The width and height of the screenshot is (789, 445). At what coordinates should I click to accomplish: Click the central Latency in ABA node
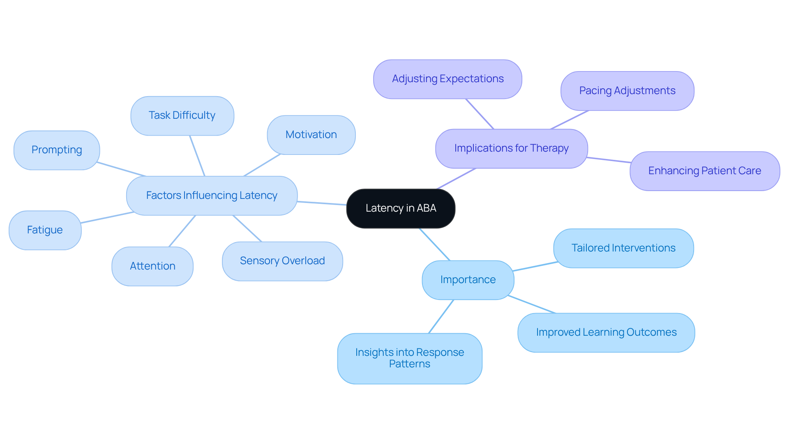[x=401, y=208]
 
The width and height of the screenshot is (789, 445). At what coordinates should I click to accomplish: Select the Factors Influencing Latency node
[x=212, y=196]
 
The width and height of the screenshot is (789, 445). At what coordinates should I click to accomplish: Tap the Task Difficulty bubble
[x=182, y=115]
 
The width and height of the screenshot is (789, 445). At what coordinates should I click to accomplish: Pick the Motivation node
[x=311, y=135]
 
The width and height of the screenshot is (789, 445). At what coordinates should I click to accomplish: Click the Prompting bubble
[x=57, y=150]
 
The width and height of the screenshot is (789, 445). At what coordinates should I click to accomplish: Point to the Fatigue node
[x=45, y=230]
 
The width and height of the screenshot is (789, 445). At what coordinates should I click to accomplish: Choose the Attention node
[x=152, y=266]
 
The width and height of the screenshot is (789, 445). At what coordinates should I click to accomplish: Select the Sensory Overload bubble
[x=282, y=261]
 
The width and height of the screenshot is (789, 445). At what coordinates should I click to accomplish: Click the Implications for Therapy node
[x=511, y=148]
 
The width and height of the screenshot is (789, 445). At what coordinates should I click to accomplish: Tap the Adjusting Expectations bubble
[x=448, y=79]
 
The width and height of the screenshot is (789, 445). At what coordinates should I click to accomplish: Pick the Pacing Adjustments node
[x=627, y=91]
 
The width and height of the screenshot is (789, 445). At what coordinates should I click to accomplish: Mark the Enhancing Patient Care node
[x=704, y=171]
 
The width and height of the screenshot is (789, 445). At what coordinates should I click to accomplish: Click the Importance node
[x=468, y=280]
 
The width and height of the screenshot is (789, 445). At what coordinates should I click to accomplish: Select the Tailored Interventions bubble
[x=623, y=248]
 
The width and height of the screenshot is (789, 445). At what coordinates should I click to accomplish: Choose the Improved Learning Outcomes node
[x=606, y=332]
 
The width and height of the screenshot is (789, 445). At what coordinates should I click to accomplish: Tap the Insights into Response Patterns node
[x=410, y=358]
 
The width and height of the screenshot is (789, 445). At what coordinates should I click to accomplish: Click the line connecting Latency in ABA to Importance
[x=435, y=244]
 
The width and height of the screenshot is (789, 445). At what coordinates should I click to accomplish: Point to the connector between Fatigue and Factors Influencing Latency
[x=107, y=218]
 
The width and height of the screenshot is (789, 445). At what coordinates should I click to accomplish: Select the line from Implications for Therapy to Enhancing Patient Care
[x=609, y=160]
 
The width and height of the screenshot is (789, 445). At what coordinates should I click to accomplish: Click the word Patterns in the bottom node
[x=410, y=364]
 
